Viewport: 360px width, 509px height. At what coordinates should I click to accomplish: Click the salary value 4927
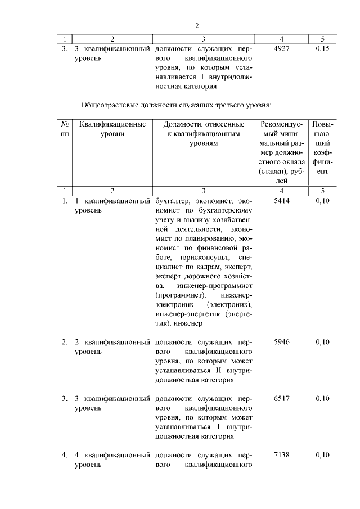pyautogui.click(x=281, y=49)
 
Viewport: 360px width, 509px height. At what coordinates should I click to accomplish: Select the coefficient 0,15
pyautogui.click(x=322, y=49)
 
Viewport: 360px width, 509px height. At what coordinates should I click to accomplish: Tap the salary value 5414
pyautogui.click(x=281, y=201)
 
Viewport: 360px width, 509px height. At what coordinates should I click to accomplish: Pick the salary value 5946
pyautogui.click(x=281, y=341)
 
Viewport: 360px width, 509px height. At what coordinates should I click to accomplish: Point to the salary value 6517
pyautogui.click(x=281, y=398)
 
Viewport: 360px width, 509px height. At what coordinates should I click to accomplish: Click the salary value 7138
pyautogui.click(x=281, y=454)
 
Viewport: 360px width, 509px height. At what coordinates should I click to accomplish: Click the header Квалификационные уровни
pyautogui.click(x=112, y=129)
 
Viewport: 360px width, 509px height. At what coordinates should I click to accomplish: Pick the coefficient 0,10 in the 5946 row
pyautogui.click(x=322, y=341)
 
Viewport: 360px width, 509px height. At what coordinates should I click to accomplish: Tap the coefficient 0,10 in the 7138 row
pyautogui.click(x=322, y=454)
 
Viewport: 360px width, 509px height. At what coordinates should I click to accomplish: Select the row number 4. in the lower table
pyautogui.click(x=65, y=454)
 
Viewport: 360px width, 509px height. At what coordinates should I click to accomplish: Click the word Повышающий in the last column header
pyautogui.click(x=322, y=138)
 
